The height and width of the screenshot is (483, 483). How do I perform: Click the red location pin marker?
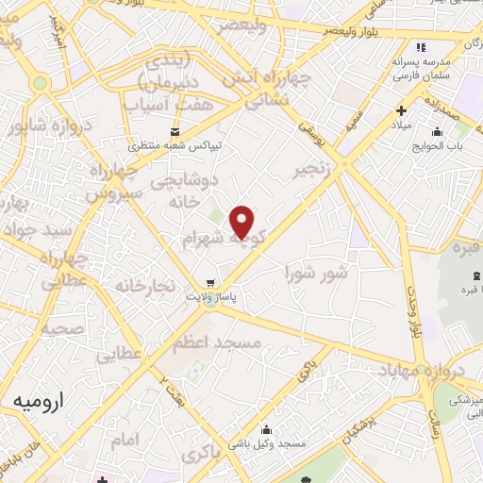(242, 221)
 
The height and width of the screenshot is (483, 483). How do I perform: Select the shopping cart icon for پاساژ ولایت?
(209, 281)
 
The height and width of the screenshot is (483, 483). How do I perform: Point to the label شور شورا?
(316, 274)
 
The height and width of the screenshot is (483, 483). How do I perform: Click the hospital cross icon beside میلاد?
(403, 110)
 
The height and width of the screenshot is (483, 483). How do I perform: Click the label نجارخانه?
(145, 284)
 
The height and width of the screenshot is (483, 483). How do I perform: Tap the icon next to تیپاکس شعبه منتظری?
(174, 131)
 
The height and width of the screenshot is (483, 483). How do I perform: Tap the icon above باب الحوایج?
(436, 131)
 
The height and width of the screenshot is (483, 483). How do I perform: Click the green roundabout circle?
(39, 83)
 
